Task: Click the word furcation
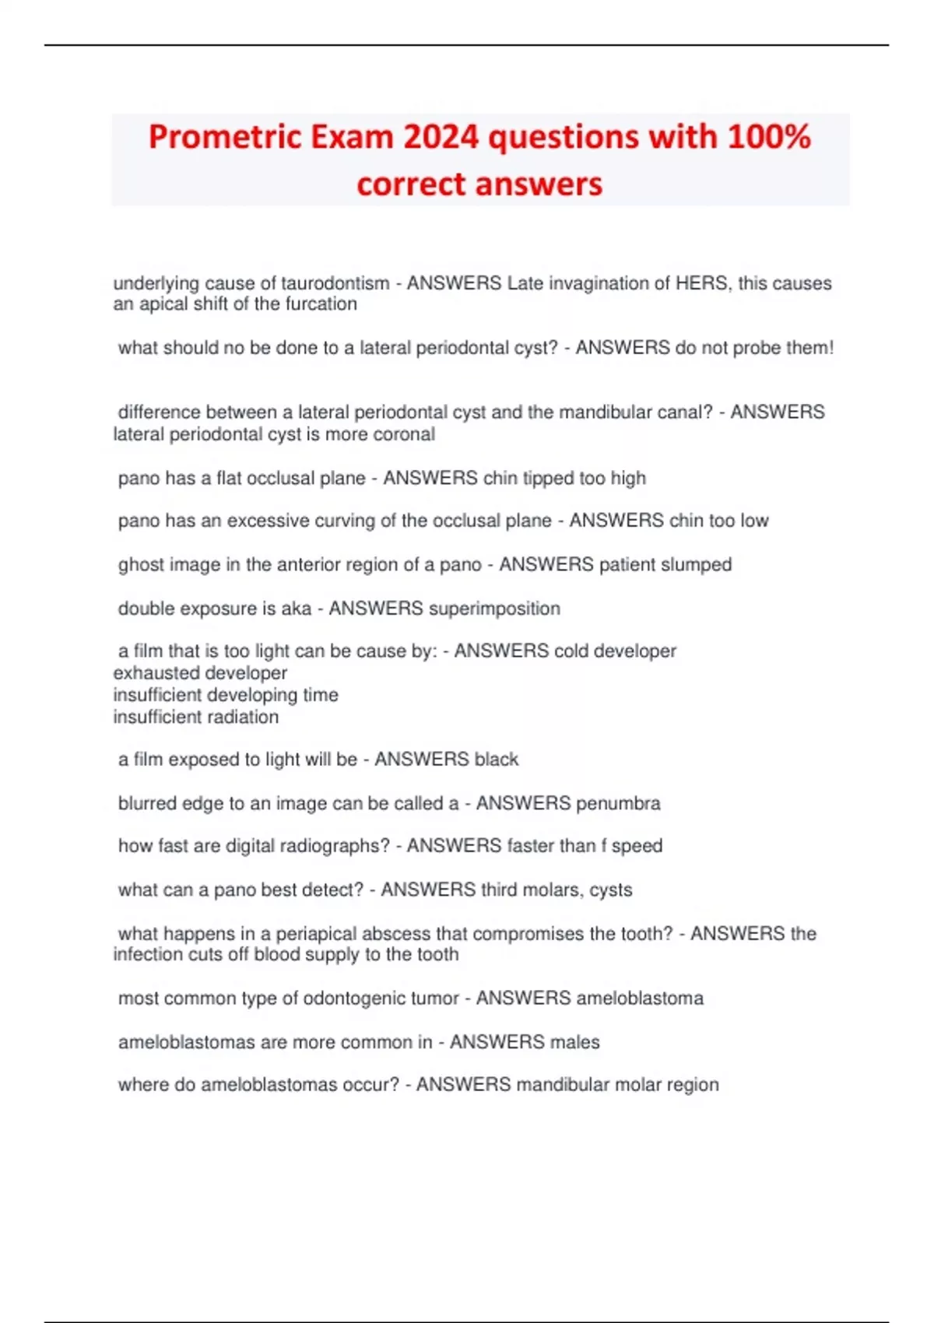click(x=321, y=304)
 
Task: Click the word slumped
click(x=696, y=564)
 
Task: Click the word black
click(x=497, y=760)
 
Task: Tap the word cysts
click(x=611, y=890)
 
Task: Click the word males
click(x=574, y=1042)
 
